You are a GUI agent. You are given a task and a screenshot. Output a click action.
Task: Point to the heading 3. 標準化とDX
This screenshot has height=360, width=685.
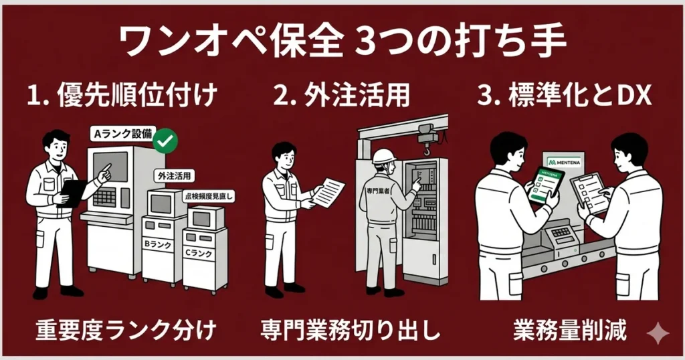coord(565,96)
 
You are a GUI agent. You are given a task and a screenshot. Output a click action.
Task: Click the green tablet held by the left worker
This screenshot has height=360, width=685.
coord(546,185)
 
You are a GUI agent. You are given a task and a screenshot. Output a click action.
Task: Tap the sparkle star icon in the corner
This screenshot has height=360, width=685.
coord(660,333)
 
